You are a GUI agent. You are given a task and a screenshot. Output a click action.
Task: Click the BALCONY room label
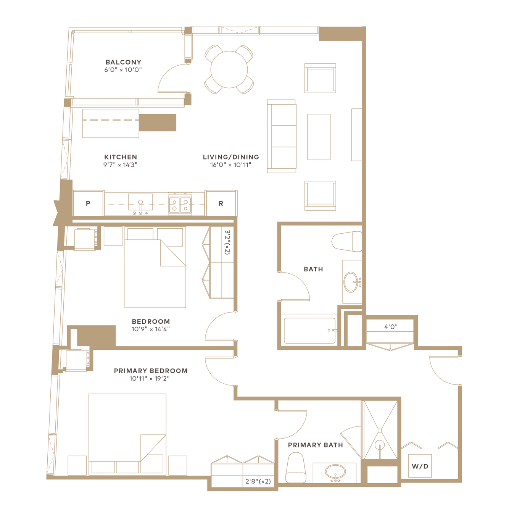pos(123,62)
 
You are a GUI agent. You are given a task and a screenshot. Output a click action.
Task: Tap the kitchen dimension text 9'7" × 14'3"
pos(120,165)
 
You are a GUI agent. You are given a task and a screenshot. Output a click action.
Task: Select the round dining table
pos(229,69)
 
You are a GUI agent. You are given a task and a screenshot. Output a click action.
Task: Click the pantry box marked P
pos(88,203)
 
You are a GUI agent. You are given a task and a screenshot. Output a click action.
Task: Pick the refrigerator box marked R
pos(221,203)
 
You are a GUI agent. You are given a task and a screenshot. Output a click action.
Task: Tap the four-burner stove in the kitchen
pos(180,205)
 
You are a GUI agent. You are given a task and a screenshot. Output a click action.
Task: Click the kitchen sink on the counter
pos(140,202)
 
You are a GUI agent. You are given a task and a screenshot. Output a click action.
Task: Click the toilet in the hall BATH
pos(347,241)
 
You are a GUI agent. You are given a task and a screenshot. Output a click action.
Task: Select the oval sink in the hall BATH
pos(351,282)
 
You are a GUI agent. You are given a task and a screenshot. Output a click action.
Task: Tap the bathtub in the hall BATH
pos(309,331)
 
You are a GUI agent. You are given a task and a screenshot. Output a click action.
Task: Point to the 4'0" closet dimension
pos(391,327)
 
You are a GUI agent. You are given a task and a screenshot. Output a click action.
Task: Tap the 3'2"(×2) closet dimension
pos(227,242)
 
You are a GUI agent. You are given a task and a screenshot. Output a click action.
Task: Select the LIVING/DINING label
pos(231,157)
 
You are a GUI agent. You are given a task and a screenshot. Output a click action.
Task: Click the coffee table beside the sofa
pos(319,137)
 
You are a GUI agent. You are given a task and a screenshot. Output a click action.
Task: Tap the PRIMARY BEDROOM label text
pos(151,371)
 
